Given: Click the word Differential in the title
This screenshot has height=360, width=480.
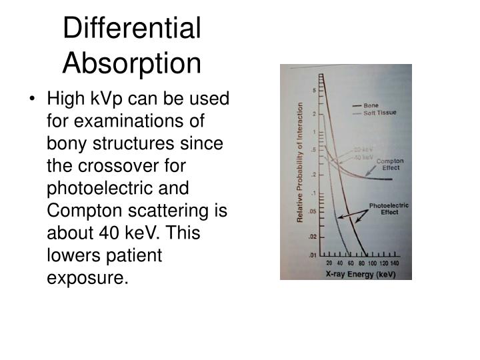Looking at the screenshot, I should [131, 29].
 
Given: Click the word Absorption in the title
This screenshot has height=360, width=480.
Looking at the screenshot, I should [131, 63].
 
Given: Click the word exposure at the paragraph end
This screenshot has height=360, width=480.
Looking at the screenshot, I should [86, 275].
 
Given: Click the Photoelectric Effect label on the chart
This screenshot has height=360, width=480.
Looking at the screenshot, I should [388, 209].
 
